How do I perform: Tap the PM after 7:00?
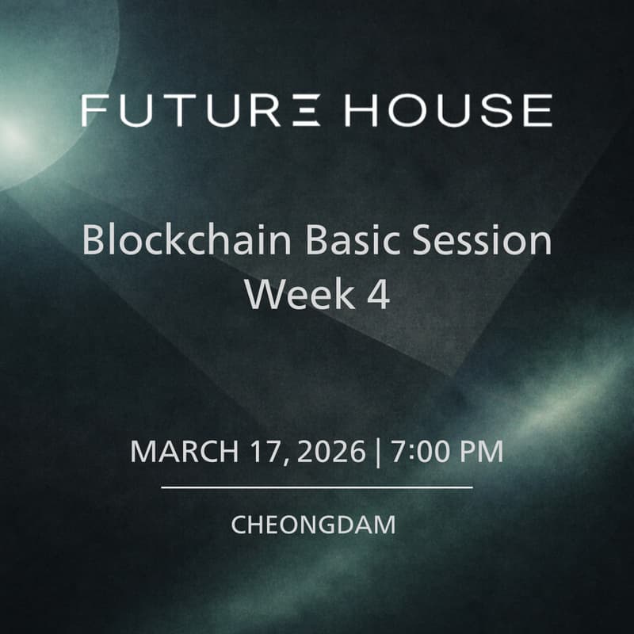481,452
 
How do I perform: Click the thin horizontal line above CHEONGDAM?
317,487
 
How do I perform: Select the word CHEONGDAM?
313,525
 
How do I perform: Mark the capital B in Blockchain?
93,240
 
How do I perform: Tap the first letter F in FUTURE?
93,110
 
